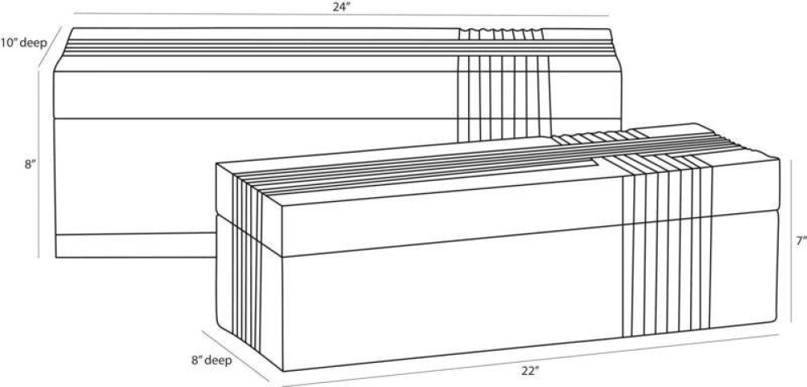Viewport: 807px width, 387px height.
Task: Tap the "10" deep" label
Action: pyautogui.click(x=23, y=44)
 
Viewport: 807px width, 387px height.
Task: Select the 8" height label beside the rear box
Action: pyautogui.click(x=29, y=165)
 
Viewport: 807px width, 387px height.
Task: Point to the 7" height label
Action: pyautogui.click(x=798, y=241)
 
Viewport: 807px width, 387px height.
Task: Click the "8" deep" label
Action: pyautogui.click(x=211, y=360)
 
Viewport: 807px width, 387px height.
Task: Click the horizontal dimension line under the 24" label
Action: pyautogui.click(x=341, y=15)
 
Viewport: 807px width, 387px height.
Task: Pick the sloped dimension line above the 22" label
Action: pyautogui.click(x=531, y=360)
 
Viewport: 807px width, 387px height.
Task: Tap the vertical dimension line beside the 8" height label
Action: pyautogui.click(x=38, y=164)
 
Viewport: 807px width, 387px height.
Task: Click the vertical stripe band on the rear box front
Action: pyautogui.click(x=504, y=98)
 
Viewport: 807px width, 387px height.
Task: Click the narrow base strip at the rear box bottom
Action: pyautogui.click(x=135, y=246)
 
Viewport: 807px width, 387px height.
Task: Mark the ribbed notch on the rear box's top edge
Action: pyautogui.click(x=501, y=34)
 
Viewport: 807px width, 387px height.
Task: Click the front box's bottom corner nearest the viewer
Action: pyautogui.click(x=283, y=371)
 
